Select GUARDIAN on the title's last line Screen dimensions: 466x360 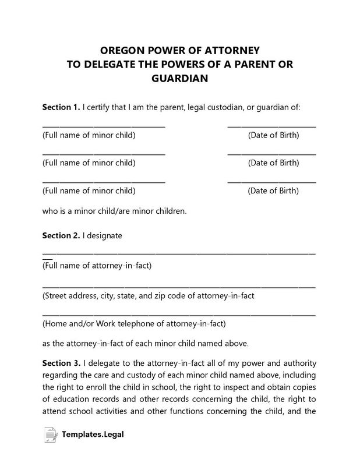point(180,78)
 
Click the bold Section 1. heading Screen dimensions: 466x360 point(61,108)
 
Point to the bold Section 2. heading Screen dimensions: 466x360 point(61,236)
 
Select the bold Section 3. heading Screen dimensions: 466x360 point(61,362)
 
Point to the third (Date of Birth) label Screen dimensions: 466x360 point(273,190)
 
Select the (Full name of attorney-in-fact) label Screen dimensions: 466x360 point(97,266)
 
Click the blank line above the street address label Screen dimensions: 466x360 point(179,287)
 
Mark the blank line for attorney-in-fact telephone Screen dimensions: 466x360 point(179,315)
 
